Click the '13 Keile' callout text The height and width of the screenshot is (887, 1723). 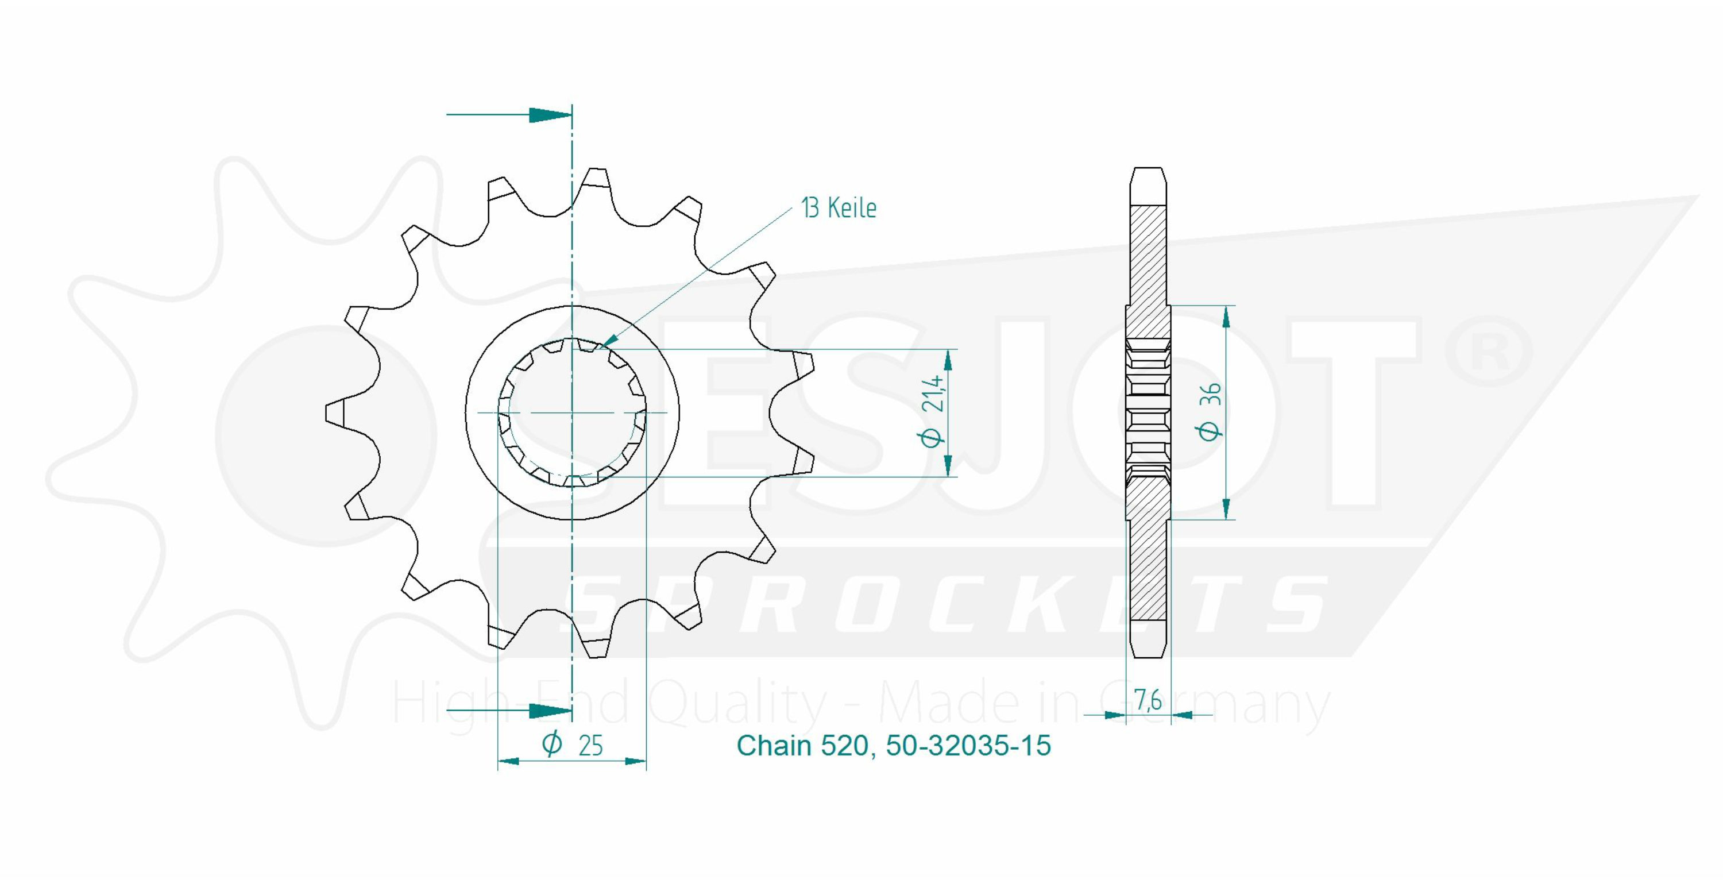[839, 208]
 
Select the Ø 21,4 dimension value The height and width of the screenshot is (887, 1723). [934, 410]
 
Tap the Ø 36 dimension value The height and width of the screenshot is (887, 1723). [1211, 411]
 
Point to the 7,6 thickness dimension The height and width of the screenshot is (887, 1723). [1148, 700]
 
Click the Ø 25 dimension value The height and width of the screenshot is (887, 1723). [573, 745]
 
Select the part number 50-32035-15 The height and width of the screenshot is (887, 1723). [968, 745]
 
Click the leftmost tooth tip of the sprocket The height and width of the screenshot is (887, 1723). [327, 414]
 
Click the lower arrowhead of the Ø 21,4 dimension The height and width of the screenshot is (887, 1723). [948, 466]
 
